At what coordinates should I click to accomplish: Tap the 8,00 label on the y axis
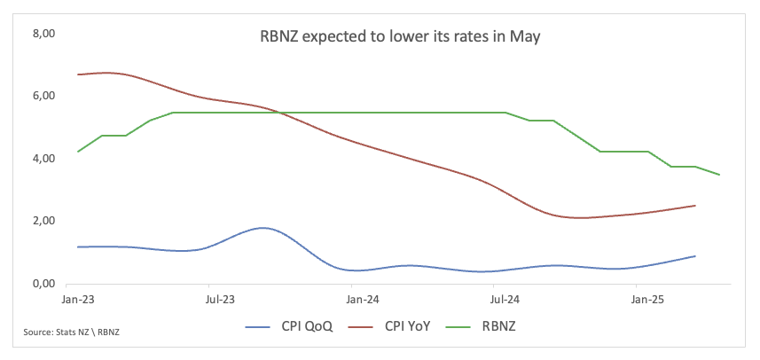pyautogui.click(x=43, y=34)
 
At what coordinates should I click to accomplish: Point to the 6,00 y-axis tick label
pyautogui.click(x=43, y=96)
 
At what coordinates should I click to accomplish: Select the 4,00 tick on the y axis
pyautogui.click(x=43, y=159)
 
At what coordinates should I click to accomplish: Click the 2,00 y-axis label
pyautogui.click(x=43, y=221)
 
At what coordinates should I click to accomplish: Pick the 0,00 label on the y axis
pyautogui.click(x=43, y=284)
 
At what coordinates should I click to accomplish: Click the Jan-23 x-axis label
pyautogui.click(x=79, y=301)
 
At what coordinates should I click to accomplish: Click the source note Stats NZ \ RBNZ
pyautogui.click(x=71, y=333)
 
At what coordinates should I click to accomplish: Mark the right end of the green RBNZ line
pyautogui.click(x=719, y=175)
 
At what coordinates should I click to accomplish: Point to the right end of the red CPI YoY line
pyautogui.click(x=694, y=206)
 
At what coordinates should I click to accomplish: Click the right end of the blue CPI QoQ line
pyautogui.click(x=694, y=256)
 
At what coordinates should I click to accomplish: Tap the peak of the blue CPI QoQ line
pyautogui.click(x=262, y=228)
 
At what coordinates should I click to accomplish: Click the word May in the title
pyautogui.click(x=522, y=37)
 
